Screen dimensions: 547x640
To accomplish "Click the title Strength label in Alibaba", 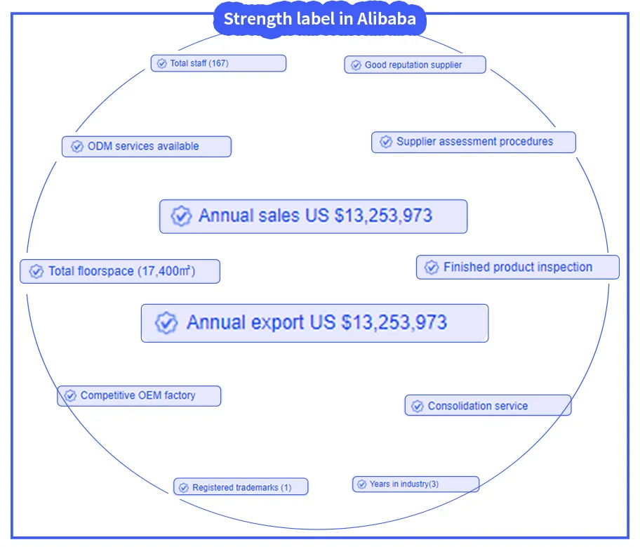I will [x=319, y=19].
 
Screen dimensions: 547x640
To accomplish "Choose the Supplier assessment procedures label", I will [x=474, y=141].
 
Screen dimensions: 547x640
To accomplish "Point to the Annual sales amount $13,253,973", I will [x=383, y=216].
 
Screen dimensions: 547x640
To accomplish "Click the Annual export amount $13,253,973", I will [x=394, y=322].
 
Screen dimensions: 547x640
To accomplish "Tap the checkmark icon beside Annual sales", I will [x=181, y=216].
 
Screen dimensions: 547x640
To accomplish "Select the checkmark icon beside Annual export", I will [x=166, y=323].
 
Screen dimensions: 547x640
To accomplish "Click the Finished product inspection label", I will [x=518, y=267].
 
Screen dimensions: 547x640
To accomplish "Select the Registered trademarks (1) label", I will [x=241, y=487].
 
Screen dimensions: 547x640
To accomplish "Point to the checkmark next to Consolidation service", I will [x=418, y=406].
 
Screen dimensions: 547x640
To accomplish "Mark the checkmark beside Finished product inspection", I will [x=432, y=268].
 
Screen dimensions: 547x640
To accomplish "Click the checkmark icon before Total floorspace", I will [x=36, y=271].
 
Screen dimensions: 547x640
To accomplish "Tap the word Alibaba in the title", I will [x=387, y=19].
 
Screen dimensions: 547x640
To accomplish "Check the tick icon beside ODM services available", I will [x=76, y=147].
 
